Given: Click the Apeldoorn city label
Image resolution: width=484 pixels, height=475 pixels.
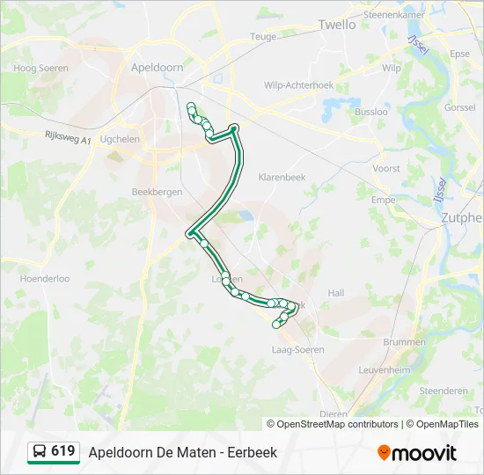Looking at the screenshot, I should pos(157,66).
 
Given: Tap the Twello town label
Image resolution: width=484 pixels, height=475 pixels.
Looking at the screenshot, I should pos(337,25).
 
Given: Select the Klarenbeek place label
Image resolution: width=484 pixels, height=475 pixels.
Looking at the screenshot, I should pos(281,177).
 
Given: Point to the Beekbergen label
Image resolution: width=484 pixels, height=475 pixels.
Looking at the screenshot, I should pos(156,192).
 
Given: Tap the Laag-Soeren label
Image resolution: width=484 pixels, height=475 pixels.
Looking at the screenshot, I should pos(298,350).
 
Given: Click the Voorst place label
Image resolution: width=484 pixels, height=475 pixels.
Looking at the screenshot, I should pos(386,168).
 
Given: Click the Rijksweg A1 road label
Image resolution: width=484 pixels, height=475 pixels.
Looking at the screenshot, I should pos(67,139).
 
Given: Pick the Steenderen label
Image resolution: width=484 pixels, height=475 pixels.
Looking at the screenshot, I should pos(444,391).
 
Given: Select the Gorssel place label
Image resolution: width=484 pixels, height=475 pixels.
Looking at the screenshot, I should pos(460,107).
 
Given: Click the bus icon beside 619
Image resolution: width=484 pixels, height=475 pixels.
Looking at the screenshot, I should pos(40,452).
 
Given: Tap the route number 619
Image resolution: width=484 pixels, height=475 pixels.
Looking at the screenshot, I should pos(63,451).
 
